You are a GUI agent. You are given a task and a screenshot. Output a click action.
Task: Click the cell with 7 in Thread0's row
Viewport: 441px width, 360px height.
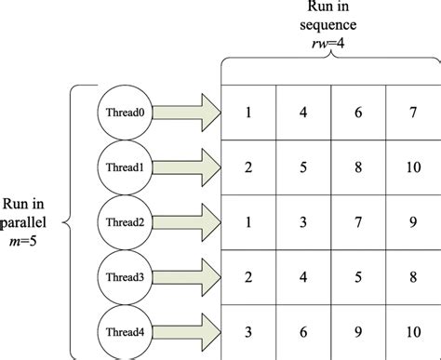[413, 113]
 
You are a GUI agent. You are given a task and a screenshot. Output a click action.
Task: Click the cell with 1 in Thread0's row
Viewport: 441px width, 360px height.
[248, 113]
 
